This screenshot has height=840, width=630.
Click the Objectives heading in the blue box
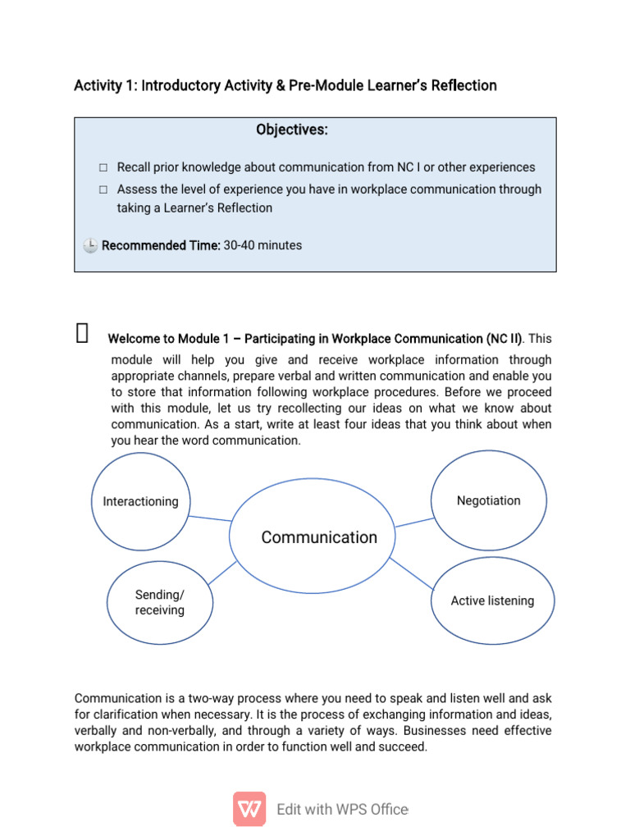[x=291, y=130]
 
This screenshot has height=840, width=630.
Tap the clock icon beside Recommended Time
[x=90, y=245]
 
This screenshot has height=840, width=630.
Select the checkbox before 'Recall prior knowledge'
[x=103, y=167]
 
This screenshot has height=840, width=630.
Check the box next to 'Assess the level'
[x=103, y=189]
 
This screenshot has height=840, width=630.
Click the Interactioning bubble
[x=140, y=501]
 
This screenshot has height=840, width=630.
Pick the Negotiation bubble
[x=488, y=500]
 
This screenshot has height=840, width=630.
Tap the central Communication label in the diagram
[x=319, y=537]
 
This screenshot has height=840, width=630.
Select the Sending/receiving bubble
[x=159, y=603]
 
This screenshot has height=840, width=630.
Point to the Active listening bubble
[x=492, y=600]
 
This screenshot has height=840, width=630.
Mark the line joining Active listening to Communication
[x=410, y=573]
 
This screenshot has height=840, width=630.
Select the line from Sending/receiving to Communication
[x=221, y=573]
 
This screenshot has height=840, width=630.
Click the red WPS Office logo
[x=249, y=809]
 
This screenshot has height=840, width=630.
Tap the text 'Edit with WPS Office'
[x=342, y=810]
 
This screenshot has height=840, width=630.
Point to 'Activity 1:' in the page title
[x=105, y=85]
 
